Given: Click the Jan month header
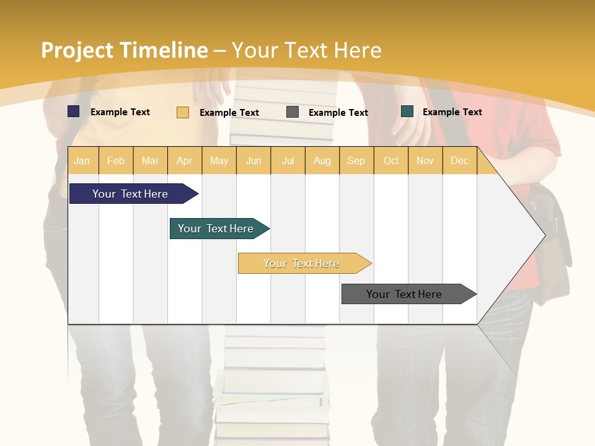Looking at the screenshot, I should point(82,161).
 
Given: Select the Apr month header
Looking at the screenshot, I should point(184,161).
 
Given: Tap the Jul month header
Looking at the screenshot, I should point(288,161).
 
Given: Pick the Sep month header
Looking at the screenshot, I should point(356,161).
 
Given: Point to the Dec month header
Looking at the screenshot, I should point(459,161).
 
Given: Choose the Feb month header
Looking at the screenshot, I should point(116,161).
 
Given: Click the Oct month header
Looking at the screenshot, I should point(391,161).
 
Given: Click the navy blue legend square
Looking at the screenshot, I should point(74,111).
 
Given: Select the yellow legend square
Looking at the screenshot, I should point(183,112).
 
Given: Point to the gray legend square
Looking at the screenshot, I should point(293,111).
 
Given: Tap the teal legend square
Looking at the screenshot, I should point(407,111).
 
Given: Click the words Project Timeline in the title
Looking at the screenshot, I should point(125,50).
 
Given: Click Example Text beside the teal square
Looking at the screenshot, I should point(452,112).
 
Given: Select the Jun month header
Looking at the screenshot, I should point(253,161).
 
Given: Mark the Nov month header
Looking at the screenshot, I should point(425,161).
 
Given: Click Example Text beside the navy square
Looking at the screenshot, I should point(120,112).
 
